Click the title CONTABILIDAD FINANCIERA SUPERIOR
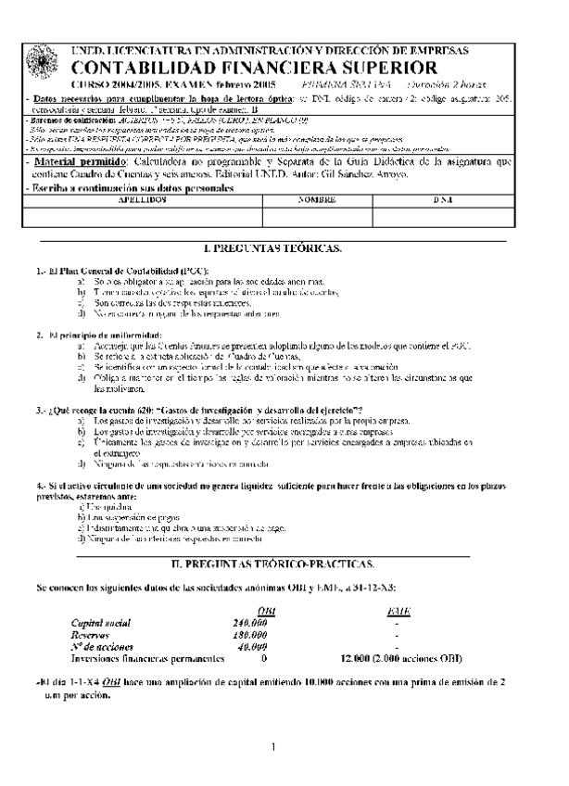pos(249,68)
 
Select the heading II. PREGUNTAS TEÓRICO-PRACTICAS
pos(273,564)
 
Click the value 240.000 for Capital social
pos(250,623)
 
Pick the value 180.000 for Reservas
pos(250,635)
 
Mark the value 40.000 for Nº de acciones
pos(252,647)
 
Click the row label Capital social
pos(101,623)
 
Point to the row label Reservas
pos(91,635)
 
